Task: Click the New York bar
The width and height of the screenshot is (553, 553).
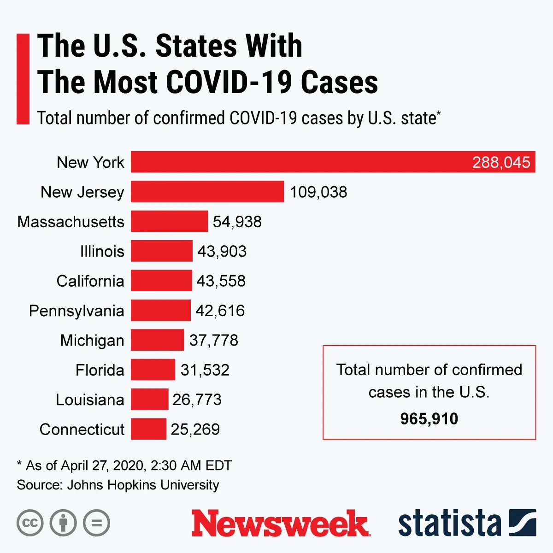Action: [x=300, y=162]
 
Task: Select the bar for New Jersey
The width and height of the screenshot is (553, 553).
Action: [x=207, y=192]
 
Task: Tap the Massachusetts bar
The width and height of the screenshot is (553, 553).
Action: [x=169, y=221]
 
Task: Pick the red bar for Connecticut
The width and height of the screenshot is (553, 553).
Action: [x=148, y=429]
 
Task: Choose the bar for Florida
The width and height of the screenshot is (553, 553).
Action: [x=153, y=370]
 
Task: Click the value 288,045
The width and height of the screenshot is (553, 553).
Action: [x=501, y=162]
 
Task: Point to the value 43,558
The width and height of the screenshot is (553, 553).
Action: [x=221, y=281]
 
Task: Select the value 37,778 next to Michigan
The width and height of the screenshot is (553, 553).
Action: [x=214, y=340]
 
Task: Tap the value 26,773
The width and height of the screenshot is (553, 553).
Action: [x=197, y=400]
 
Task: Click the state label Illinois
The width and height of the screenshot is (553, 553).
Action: [x=102, y=251]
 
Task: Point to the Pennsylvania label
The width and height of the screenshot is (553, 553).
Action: [x=76, y=311]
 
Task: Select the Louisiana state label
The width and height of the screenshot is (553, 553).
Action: [x=90, y=400]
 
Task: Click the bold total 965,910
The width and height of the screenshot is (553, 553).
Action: [x=429, y=418]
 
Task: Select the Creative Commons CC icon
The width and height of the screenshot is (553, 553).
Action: [x=30, y=523]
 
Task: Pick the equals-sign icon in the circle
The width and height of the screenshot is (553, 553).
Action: [x=97, y=523]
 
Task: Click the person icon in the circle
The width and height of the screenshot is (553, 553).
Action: [x=63, y=523]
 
